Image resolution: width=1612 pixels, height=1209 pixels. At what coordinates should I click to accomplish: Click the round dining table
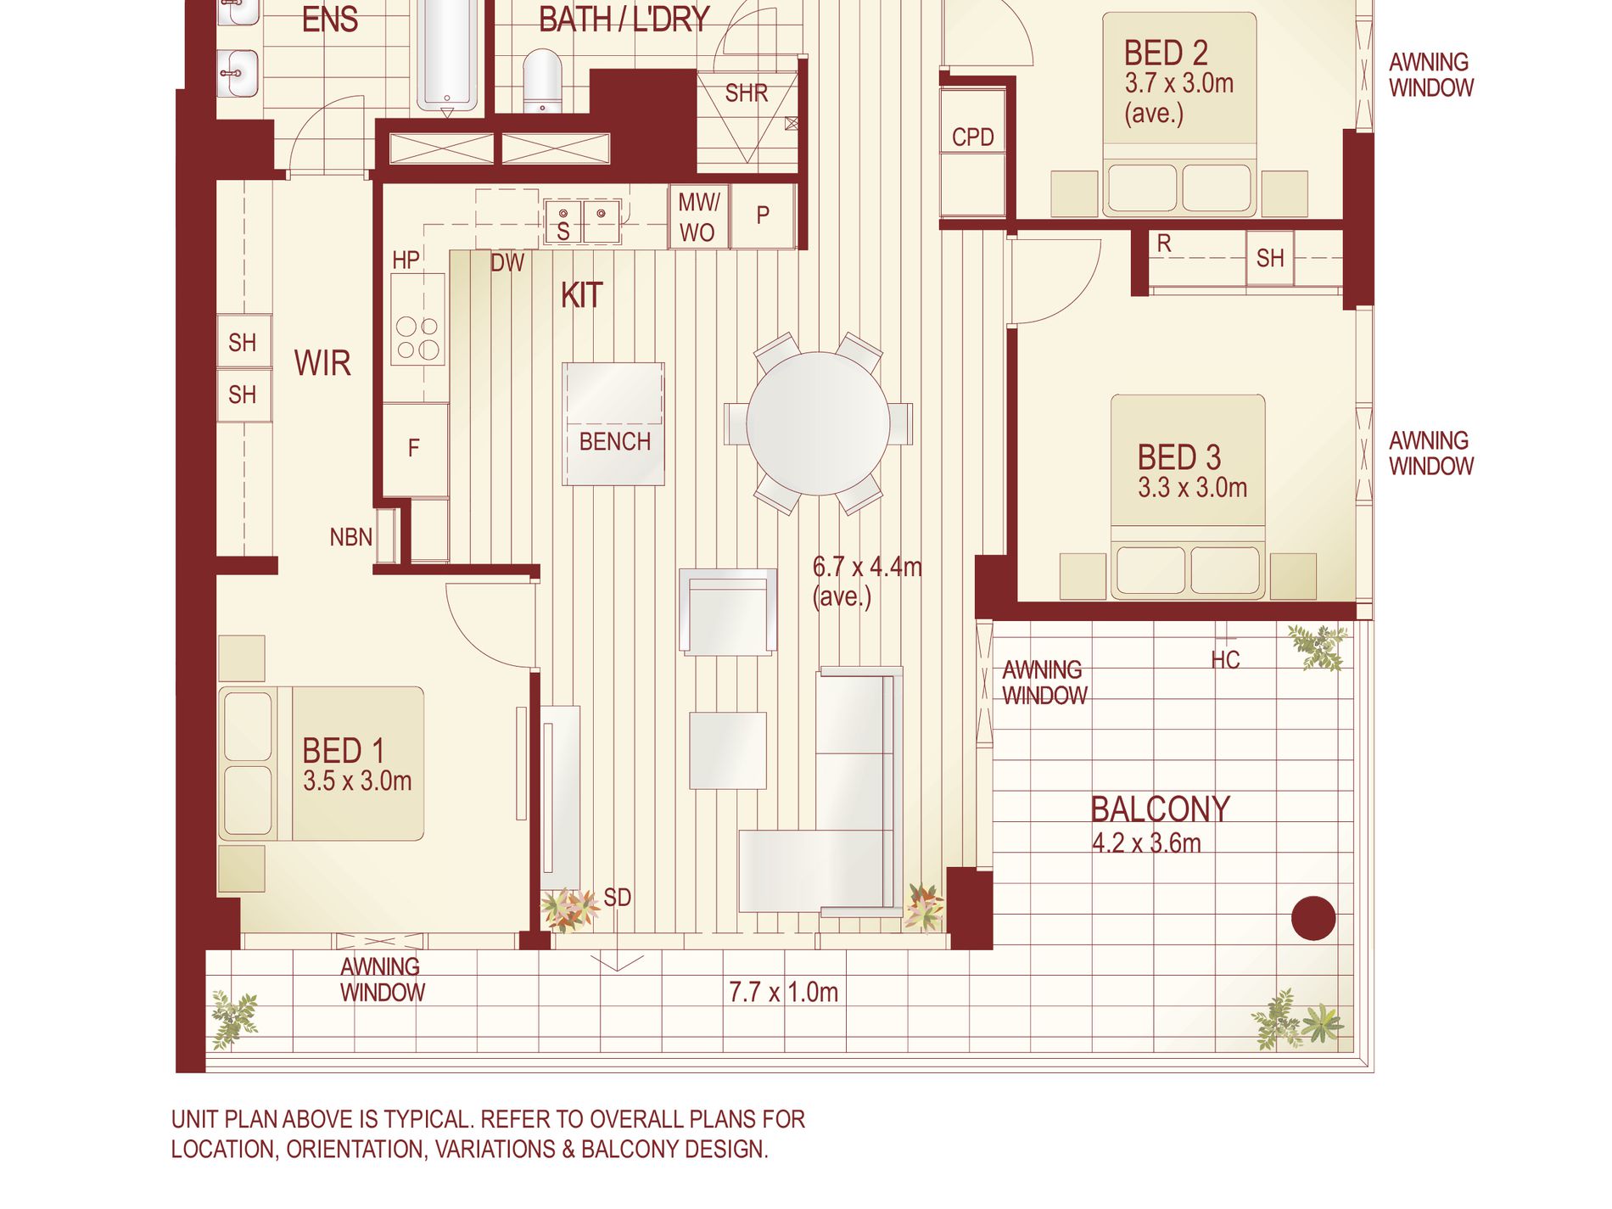[818, 423]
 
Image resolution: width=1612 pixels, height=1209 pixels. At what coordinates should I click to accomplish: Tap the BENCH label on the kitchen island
[615, 442]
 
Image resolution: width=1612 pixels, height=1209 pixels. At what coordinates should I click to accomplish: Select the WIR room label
[322, 363]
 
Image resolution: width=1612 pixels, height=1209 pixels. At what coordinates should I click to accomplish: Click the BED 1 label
[344, 751]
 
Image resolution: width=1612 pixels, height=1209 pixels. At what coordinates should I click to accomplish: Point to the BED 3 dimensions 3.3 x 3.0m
[1192, 488]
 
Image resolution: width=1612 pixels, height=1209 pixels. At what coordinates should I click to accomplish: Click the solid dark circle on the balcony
[1313, 918]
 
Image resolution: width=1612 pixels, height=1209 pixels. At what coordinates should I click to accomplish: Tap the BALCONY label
[1160, 809]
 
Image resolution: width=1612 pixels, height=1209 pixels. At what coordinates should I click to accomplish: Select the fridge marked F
[415, 449]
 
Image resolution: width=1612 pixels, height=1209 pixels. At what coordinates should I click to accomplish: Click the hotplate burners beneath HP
[417, 338]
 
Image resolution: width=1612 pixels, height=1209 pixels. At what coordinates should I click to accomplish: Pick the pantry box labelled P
[763, 215]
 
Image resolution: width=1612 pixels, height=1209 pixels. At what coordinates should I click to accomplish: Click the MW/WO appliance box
[698, 216]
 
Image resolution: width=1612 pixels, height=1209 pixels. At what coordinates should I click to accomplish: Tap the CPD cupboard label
[972, 137]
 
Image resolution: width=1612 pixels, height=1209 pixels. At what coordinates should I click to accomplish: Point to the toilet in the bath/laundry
[542, 81]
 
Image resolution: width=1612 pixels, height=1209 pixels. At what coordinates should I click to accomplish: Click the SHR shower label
[747, 92]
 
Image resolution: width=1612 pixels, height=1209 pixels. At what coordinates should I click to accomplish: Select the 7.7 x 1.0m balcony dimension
[783, 992]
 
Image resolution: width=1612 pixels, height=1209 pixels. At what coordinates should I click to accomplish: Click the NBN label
[351, 537]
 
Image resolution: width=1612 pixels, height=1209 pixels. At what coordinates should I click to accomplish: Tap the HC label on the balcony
[1225, 660]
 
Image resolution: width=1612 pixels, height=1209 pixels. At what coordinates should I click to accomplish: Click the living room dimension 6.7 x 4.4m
[867, 567]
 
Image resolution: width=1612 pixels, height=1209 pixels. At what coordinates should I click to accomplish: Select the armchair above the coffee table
[728, 612]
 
